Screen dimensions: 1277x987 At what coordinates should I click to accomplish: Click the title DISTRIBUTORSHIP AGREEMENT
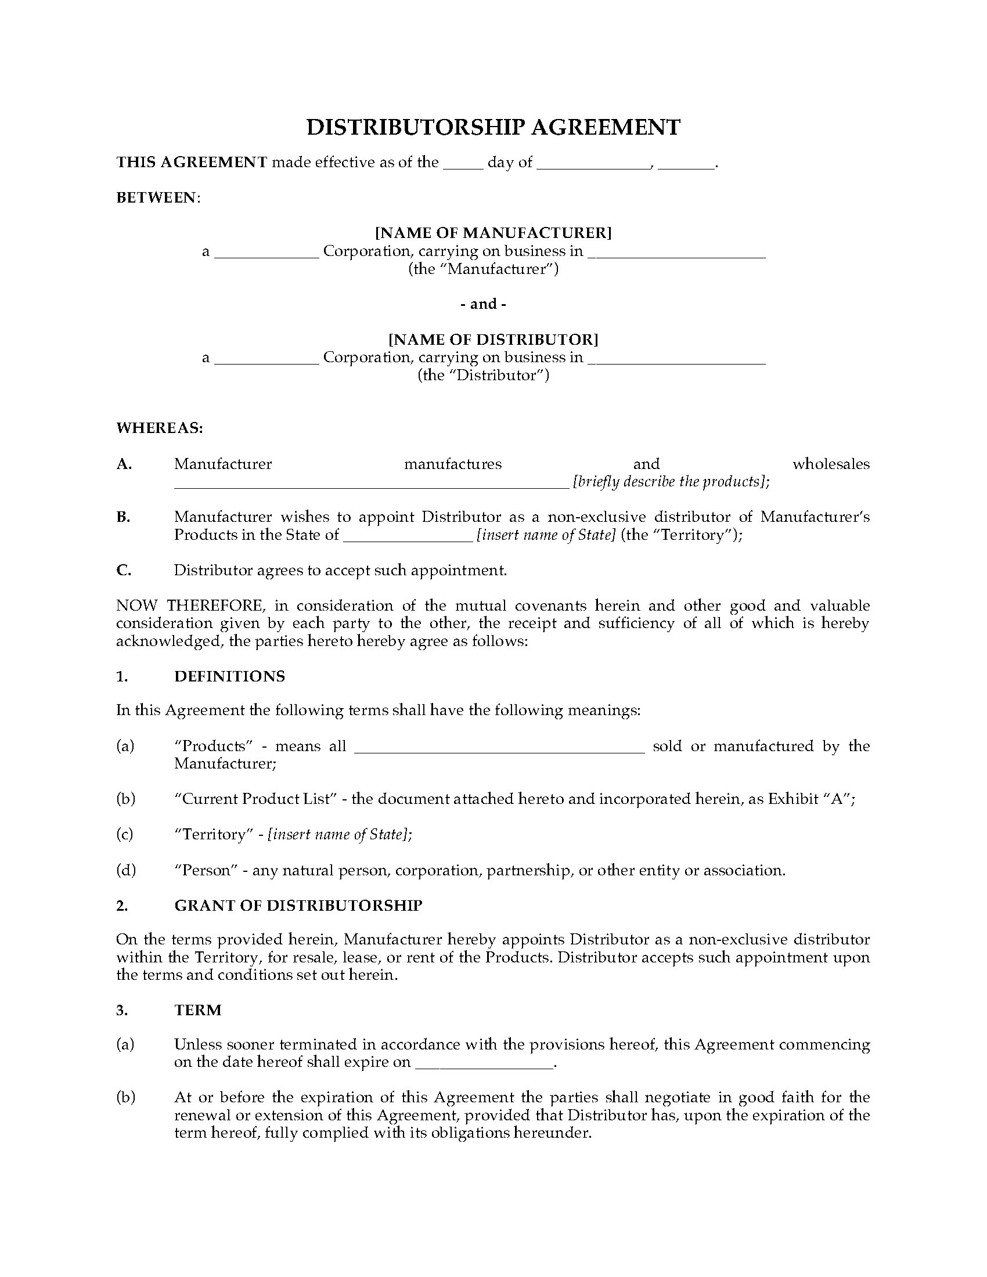493,128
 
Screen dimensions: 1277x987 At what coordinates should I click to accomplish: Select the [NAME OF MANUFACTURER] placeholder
493,233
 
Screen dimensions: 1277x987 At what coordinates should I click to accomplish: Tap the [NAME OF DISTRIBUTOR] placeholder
493,339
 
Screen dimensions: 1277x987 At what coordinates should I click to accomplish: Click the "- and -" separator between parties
484,304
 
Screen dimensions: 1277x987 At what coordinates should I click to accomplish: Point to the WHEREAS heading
160,428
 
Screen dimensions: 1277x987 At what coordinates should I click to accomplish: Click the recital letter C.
123,570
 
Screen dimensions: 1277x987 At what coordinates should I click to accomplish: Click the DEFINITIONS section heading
230,676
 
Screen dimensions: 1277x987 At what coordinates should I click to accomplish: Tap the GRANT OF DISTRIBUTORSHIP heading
298,905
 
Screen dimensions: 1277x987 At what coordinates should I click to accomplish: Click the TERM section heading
197,1010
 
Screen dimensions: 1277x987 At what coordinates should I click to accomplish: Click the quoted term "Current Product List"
256,799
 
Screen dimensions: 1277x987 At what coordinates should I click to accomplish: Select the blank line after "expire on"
484,1063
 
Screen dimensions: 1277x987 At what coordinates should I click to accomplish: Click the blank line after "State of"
408,536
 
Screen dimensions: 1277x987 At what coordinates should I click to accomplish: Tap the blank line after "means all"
499,747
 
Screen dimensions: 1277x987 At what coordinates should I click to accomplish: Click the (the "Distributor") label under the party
484,375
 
